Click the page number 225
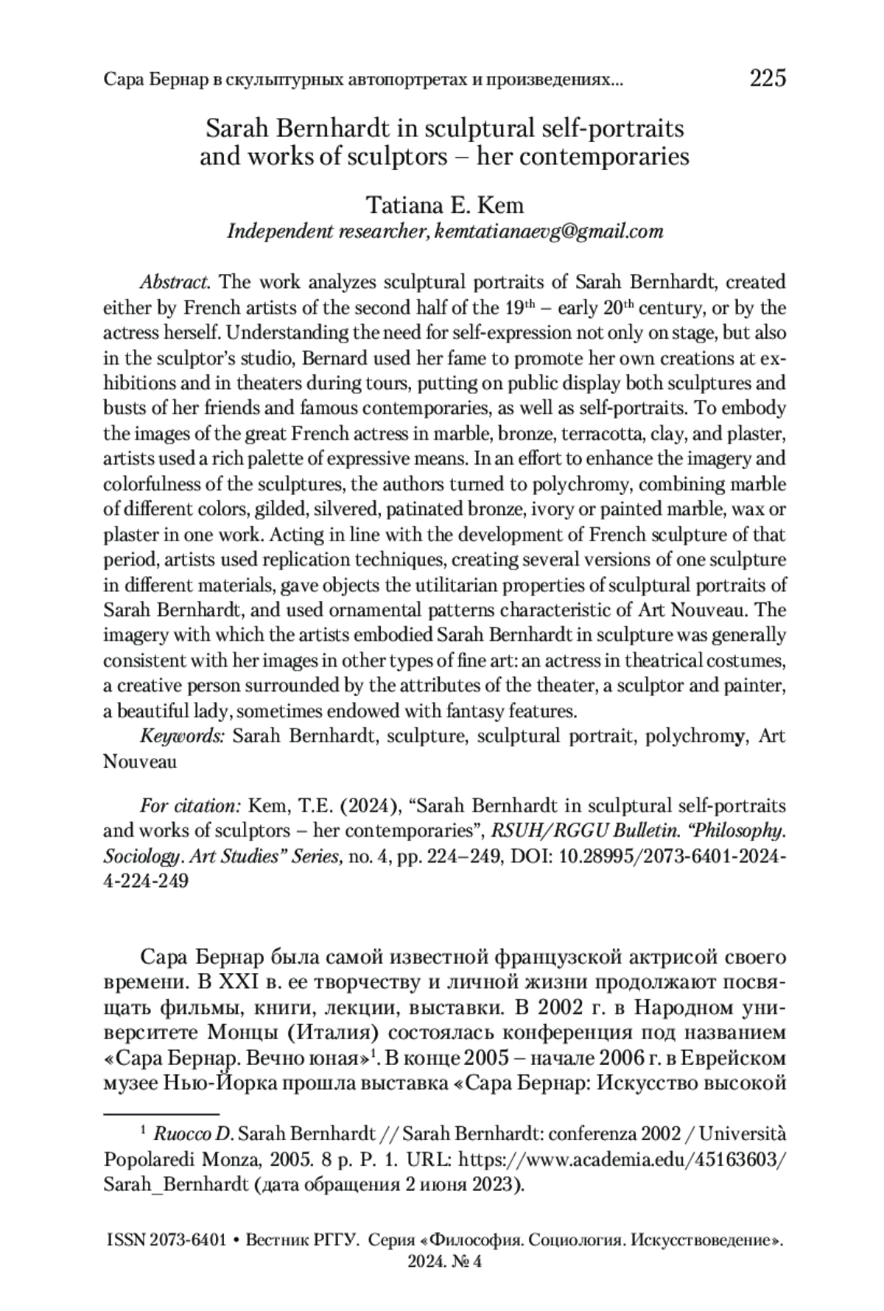[768, 78]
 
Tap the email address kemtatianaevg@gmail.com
[549, 231]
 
